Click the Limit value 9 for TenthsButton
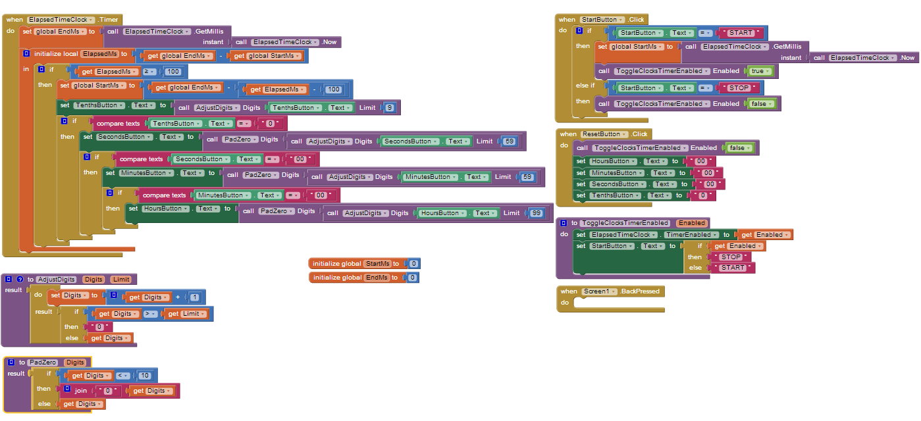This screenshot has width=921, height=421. pos(389,107)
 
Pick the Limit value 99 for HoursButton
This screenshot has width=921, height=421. pos(537,212)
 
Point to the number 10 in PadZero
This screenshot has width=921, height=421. pos(145,376)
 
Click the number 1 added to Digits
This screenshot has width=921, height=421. pos(194,297)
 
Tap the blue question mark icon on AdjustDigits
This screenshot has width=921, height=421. pos(20,280)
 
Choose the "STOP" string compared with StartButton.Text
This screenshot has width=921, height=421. pos(740,87)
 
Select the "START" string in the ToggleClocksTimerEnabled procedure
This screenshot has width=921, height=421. pos(733,268)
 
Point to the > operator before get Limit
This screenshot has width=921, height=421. pos(149,314)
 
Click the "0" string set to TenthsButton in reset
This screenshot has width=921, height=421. pos(702,195)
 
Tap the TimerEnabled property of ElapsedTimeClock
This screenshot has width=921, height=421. pos(688,235)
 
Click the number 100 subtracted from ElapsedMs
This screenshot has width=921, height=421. pos(333,89)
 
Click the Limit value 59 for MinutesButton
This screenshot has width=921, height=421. pos(527,177)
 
